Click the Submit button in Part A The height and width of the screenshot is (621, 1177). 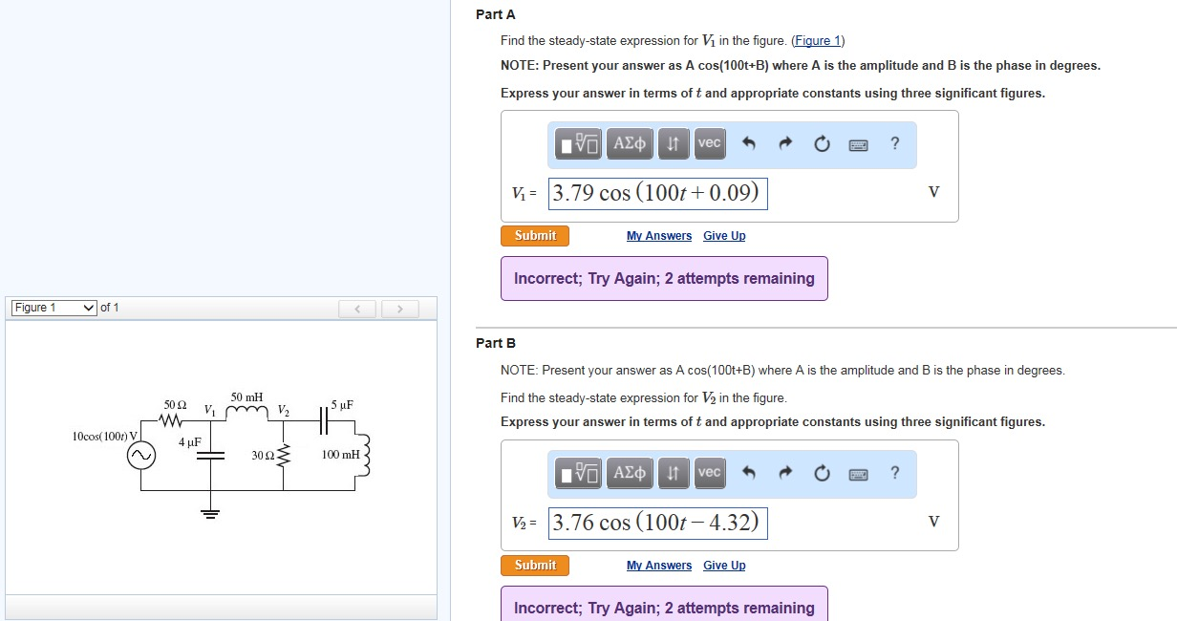coord(534,236)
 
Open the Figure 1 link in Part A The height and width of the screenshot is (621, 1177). coord(818,40)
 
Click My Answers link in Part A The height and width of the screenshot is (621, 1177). coord(658,236)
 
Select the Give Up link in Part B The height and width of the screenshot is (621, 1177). coord(724,566)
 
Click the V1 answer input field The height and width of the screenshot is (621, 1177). coord(658,193)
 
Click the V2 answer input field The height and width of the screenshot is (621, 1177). coord(658,523)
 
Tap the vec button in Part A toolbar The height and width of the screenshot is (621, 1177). coord(709,143)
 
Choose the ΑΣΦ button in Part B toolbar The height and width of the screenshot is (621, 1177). coord(630,473)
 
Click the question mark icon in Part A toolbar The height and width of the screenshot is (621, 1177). coord(894,143)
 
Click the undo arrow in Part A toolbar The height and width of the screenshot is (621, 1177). coord(749,144)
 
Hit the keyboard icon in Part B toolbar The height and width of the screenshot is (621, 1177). coord(857,474)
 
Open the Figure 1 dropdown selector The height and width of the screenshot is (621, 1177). coord(53,308)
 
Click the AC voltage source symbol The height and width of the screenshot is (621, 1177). coord(141,457)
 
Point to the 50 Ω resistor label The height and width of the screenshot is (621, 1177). coord(174,405)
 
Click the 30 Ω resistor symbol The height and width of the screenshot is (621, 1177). coord(282,456)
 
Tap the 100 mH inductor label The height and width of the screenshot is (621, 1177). coord(341,455)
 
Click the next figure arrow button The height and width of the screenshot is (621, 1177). coord(400,309)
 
